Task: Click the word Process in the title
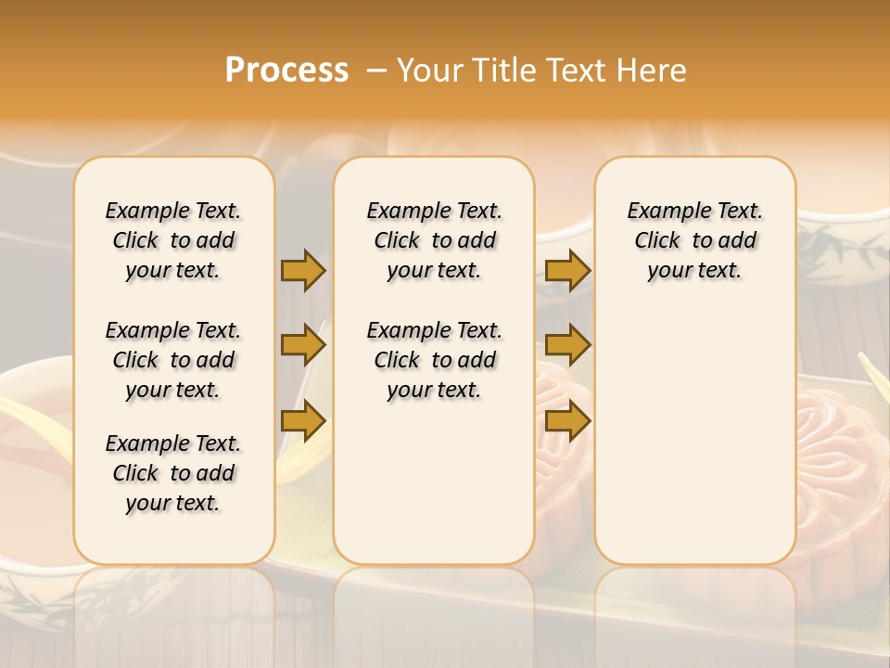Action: [x=286, y=70]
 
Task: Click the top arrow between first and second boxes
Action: [x=303, y=270]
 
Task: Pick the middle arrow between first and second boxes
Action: [x=303, y=346]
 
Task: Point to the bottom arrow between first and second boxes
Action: [x=303, y=422]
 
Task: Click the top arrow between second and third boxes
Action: [x=567, y=270]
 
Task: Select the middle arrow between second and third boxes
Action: [x=567, y=346]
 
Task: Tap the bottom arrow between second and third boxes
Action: [x=567, y=422]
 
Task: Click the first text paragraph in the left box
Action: [x=173, y=240]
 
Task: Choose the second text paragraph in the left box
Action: [x=173, y=360]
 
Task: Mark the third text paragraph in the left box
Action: [x=173, y=473]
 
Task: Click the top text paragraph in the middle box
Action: [x=435, y=240]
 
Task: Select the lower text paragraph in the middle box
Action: [x=435, y=360]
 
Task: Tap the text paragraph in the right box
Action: [x=695, y=240]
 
